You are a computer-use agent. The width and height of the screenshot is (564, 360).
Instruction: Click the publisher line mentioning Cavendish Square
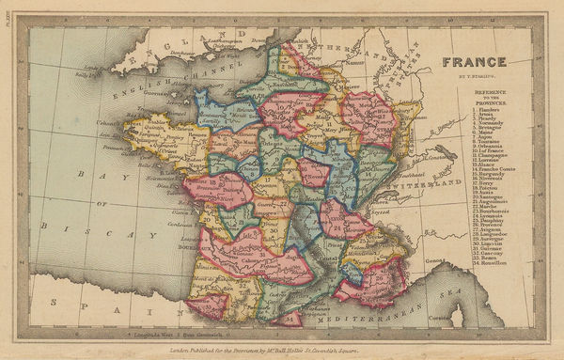282,351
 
